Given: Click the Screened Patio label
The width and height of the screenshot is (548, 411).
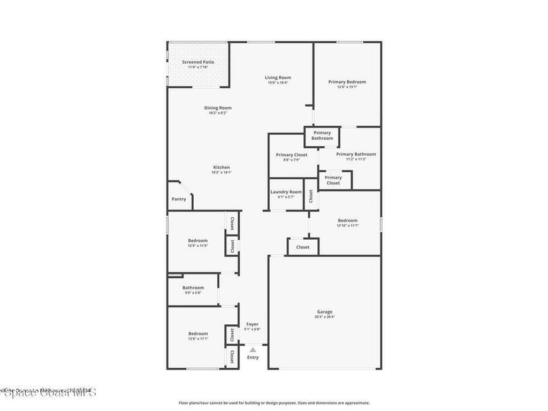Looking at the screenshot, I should [x=198, y=62].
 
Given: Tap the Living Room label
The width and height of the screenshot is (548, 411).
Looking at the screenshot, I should [x=278, y=78].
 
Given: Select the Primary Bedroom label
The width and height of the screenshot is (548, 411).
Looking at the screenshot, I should [x=347, y=82].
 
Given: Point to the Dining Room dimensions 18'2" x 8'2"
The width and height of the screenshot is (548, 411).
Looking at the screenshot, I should [x=218, y=113].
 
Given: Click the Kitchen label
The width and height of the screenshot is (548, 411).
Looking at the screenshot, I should [x=221, y=168].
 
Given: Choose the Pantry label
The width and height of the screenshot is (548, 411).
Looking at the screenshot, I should [x=179, y=199].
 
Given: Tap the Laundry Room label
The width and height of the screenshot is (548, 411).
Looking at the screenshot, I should [x=286, y=192].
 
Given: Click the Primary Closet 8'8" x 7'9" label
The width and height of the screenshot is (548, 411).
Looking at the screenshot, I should [x=292, y=155].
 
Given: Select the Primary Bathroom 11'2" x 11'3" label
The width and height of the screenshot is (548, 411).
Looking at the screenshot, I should [x=356, y=154].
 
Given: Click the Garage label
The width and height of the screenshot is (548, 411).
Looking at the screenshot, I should [x=325, y=311].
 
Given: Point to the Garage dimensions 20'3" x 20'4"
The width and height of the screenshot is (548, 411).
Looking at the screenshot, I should [x=325, y=317].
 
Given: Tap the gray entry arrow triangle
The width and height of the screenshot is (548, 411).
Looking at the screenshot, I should [x=253, y=349].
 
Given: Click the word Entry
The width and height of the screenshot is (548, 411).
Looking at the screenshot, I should [x=253, y=357].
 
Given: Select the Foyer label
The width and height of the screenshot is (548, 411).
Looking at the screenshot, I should [x=252, y=324].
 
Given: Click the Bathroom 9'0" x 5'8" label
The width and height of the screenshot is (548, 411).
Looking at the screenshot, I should [x=193, y=288].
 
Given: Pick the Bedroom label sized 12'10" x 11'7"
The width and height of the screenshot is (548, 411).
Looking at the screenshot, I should [x=347, y=220].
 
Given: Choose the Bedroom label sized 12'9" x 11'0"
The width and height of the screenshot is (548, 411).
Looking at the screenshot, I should [x=197, y=240].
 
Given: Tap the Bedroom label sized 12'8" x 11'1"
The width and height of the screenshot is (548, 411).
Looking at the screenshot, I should [x=197, y=333].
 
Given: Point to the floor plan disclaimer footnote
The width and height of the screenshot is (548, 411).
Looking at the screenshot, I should [x=274, y=403].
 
